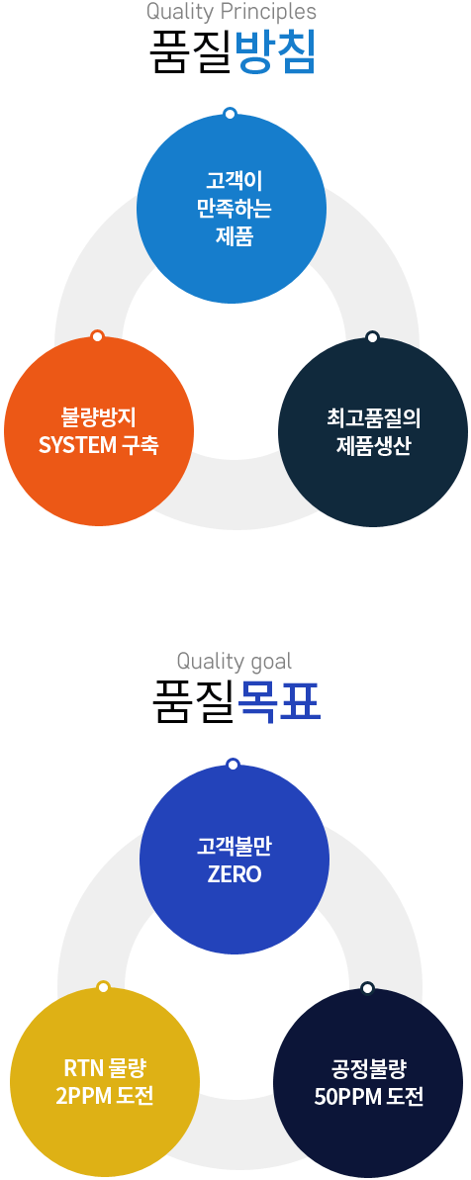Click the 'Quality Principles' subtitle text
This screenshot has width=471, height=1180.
coord(231,12)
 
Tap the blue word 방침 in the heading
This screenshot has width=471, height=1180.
coord(275,51)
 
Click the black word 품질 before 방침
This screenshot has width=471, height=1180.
coord(193,51)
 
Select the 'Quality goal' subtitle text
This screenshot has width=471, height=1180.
coord(234,662)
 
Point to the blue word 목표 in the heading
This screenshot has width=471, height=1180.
coord(279,701)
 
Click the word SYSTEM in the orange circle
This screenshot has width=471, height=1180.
coord(77,445)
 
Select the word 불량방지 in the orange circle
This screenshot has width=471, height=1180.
coord(98,416)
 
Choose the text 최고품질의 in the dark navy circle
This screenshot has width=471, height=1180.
coord(373,416)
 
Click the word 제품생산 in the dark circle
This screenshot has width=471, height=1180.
coord(373,445)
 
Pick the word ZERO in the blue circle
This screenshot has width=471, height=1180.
coord(234,875)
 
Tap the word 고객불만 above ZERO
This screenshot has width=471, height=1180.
coord(234,846)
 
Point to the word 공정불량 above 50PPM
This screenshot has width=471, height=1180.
coord(369,1067)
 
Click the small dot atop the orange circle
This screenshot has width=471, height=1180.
coord(97,335)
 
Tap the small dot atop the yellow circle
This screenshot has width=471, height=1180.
coord(104,987)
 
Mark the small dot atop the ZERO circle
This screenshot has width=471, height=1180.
coord(233,765)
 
